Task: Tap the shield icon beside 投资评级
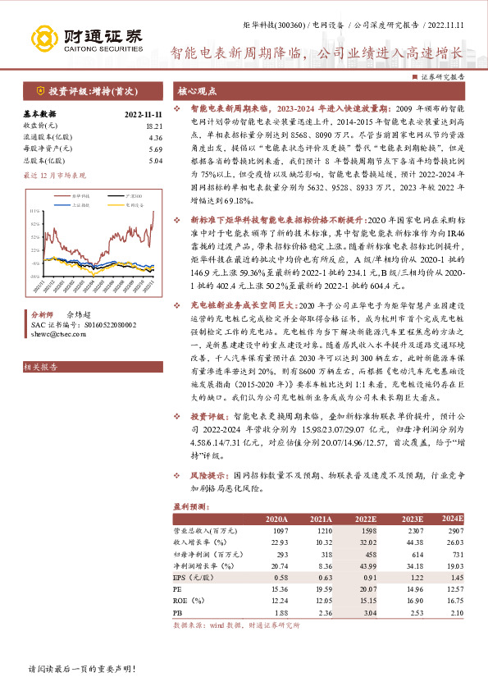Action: (39, 90)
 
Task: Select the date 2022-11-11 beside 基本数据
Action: (144, 114)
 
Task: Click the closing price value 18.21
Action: (153, 126)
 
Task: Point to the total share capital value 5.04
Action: (154, 161)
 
